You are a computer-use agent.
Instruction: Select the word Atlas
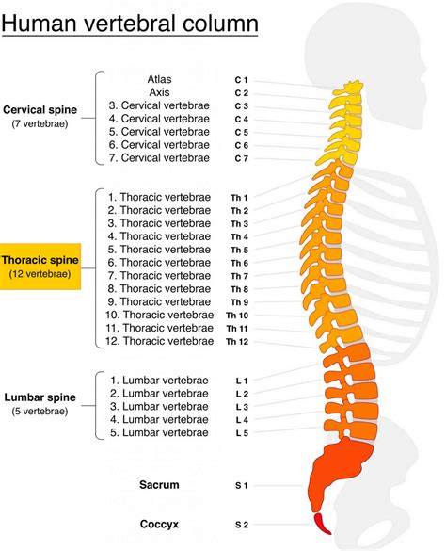click(160, 80)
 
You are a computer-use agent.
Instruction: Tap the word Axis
click(160, 93)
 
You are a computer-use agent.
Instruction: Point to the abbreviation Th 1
click(239, 197)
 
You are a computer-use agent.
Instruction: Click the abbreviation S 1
click(241, 485)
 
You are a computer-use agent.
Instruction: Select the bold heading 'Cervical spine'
click(40, 109)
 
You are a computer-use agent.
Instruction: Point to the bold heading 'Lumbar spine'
click(40, 397)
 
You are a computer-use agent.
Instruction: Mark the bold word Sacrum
click(158, 485)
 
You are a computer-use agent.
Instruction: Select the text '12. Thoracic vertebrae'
click(159, 341)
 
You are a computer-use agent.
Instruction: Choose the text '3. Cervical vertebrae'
click(160, 106)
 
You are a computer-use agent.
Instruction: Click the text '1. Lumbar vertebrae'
click(159, 380)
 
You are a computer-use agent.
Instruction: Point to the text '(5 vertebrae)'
click(40, 412)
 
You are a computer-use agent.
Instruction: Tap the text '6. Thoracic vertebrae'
click(160, 262)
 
